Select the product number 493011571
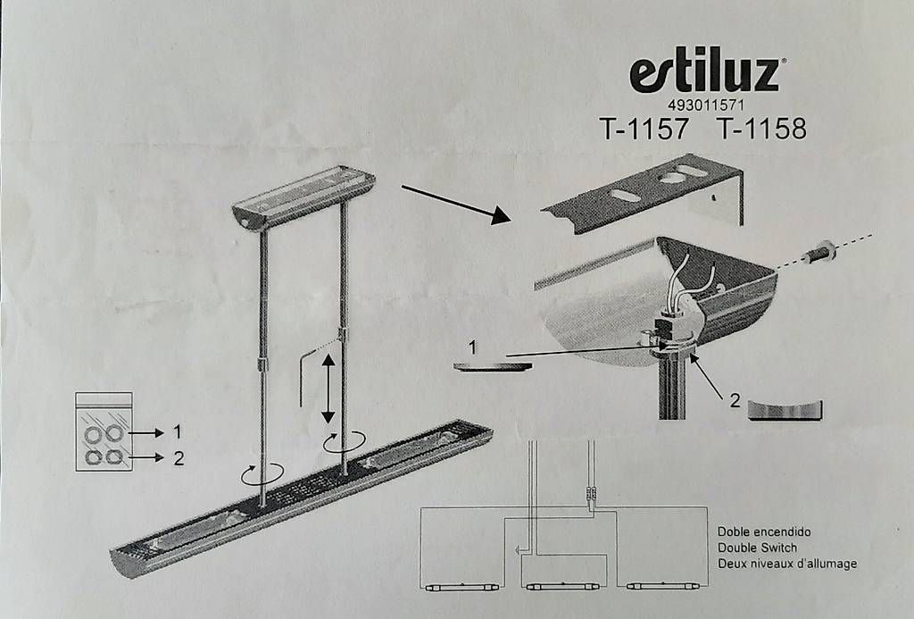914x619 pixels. (x=705, y=105)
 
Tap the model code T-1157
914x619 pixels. (x=644, y=129)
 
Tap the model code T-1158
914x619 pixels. (x=761, y=129)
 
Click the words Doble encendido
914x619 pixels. (x=764, y=531)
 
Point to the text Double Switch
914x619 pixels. (x=757, y=548)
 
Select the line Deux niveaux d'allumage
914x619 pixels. (x=787, y=564)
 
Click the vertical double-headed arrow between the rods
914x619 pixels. (x=328, y=389)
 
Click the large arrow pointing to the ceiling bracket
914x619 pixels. (x=456, y=205)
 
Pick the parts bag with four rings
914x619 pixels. (x=104, y=431)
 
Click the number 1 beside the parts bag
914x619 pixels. (x=178, y=432)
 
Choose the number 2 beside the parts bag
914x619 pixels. (x=179, y=458)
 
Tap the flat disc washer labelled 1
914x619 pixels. (x=493, y=366)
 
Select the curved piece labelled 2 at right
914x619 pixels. (x=785, y=410)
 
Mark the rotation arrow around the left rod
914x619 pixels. (x=263, y=473)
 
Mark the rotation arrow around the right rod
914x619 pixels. (x=345, y=440)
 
